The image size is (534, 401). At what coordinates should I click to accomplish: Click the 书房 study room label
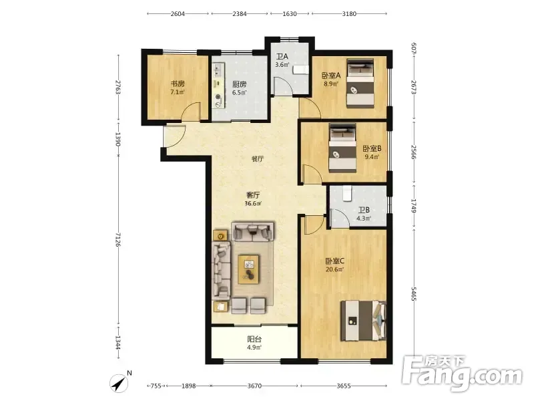click(x=178, y=84)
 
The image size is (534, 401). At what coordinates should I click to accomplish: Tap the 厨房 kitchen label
click(x=240, y=84)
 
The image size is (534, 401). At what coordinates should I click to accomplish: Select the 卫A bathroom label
click(x=282, y=57)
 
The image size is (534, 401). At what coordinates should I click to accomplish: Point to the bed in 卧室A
click(x=360, y=83)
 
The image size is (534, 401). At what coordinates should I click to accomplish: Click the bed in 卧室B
click(x=342, y=148)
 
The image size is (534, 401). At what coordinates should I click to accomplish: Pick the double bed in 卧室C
click(x=364, y=321)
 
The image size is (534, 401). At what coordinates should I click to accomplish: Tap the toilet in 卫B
click(x=346, y=193)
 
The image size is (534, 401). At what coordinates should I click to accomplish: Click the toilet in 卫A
click(x=300, y=70)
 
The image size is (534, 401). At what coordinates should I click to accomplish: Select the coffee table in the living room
click(x=248, y=269)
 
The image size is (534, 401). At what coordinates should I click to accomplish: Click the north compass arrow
click(x=119, y=383)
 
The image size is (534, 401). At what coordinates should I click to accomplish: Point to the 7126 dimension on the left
click(x=118, y=239)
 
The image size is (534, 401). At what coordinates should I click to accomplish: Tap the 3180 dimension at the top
click(x=349, y=14)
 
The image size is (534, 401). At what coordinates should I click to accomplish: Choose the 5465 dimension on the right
click(x=414, y=293)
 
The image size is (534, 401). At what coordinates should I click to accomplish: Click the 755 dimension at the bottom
click(x=156, y=386)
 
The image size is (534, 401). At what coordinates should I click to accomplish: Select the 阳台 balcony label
click(x=254, y=340)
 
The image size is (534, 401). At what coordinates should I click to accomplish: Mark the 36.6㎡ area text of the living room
click(x=253, y=204)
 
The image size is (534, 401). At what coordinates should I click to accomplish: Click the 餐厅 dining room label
click(x=258, y=159)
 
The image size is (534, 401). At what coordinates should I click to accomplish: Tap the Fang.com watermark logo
click(x=462, y=374)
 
